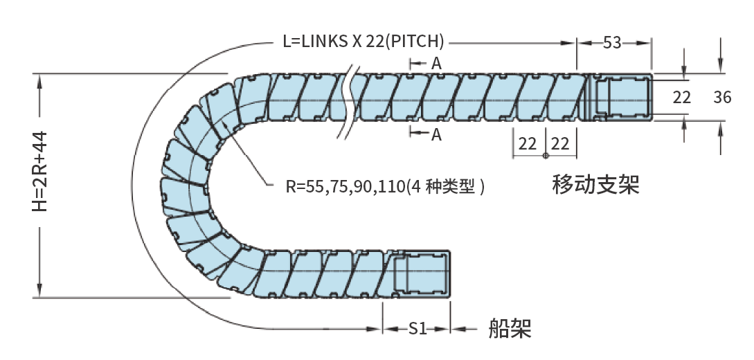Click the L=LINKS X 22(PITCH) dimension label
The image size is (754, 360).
(x=363, y=41)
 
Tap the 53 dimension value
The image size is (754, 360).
(x=612, y=42)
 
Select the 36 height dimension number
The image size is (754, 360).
(x=722, y=98)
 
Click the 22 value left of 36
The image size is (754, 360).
(x=681, y=98)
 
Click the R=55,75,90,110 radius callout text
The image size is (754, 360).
(x=385, y=186)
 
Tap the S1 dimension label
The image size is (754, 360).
(x=417, y=329)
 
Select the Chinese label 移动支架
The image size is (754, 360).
(x=595, y=185)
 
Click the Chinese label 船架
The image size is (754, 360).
(x=510, y=327)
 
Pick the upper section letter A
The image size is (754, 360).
(x=436, y=63)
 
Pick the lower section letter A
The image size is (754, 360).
(x=436, y=135)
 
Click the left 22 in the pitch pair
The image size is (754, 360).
(x=528, y=143)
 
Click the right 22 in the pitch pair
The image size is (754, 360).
(x=560, y=143)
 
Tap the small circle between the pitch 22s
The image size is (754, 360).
(x=546, y=154)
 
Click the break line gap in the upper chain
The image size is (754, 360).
(x=349, y=97)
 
